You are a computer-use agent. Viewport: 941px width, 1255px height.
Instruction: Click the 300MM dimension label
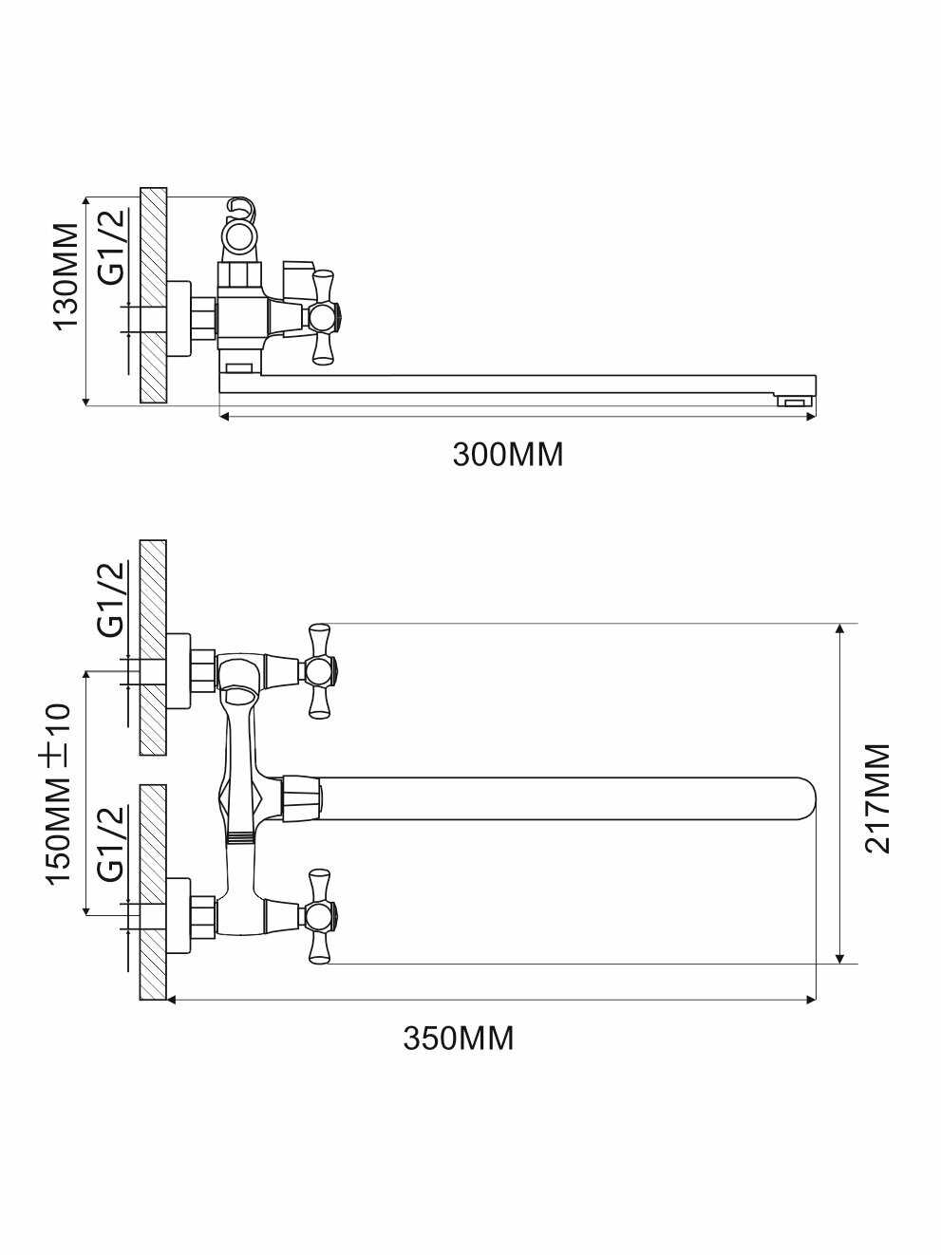[x=507, y=455]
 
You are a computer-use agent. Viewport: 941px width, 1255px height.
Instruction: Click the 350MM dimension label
[x=459, y=1038]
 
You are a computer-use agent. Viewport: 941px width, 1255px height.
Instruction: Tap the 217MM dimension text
[x=878, y=798]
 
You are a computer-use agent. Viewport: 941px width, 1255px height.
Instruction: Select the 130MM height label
[x=66, y=276]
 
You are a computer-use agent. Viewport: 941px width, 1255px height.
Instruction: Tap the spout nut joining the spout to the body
[x=300, y=796]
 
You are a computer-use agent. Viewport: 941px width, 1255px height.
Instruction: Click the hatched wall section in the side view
[x=153, y=294]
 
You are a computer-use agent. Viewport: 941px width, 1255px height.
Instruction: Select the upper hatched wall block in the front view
[x=153, y=647]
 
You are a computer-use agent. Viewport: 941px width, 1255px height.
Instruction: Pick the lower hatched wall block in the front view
[x=153, y=891]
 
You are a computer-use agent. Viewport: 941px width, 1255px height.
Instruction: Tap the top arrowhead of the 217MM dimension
[x=839, y=630]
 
